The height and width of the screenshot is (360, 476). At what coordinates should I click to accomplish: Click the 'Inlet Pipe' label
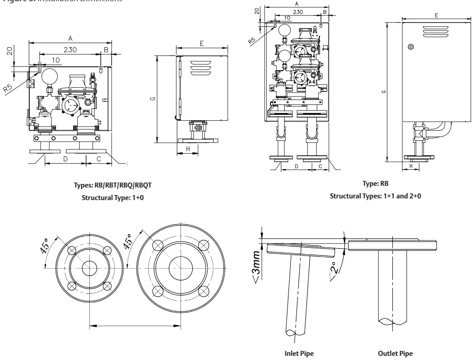299,354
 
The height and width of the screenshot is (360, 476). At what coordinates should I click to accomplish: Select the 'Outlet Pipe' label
395,354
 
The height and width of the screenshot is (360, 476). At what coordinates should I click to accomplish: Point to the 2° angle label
335,268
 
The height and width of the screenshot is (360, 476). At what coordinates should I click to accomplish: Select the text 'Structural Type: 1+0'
112,198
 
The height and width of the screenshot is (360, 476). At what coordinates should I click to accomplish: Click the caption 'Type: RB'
375,183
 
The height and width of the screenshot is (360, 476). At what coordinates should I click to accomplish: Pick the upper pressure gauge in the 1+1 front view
285,30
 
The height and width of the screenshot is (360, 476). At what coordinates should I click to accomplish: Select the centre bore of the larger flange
181,267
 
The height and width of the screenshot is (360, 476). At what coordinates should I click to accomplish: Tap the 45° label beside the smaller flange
44,246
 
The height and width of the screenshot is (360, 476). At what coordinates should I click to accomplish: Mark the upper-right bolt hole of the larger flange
203,245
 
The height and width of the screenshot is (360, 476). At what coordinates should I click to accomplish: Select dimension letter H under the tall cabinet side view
411,166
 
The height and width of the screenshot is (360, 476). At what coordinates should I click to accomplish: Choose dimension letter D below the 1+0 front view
65,159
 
